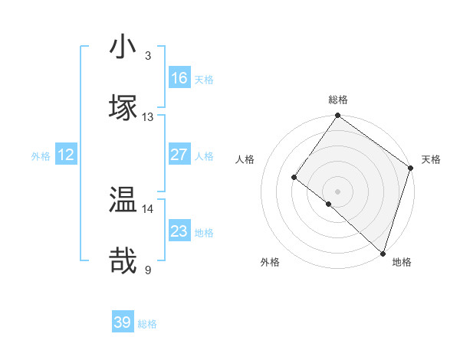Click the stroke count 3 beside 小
click(x=148, y=55)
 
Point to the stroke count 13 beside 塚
click(x=148, y=116)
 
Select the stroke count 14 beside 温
click(x=148, y=208)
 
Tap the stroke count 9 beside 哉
click(x=148, y=270)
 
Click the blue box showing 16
click(x=179, y=78)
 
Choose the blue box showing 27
click(x=179, y=155)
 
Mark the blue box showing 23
click(x=179, y=231)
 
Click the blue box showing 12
click(x=66, y=155)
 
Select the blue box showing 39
click(x=123, y=322)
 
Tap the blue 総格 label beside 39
click(x=147, y=324)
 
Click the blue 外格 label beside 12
click(x=41, y=156)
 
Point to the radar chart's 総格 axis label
click(x=338, y=100)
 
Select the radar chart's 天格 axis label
click(x=431, y=159)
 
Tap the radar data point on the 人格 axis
click(x=294, y=177)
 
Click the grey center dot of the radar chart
click(x=338, y=191)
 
